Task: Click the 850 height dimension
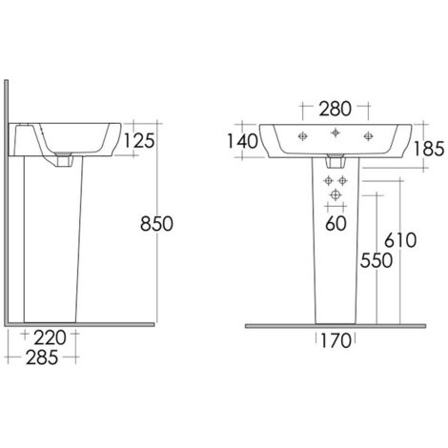pyautogui.click(x=156, y=223)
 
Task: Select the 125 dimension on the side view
pyautogui.click(x=139, y=141)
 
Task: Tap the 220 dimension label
pyautogui.click(x=50, y=337)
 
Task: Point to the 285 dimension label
pyautogui.click(x=42, y=357)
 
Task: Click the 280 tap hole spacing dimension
pyautogui.click(x=336, y=109)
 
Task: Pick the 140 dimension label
pyautogui.click(x=242, y=141)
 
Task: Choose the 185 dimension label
pyautogui.click(x=429, y=149)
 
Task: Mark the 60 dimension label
pyautogui.click(x=336, y=223)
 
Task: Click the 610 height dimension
pyautogui.click(x=400, y=240)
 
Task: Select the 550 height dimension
pyautogui.click(x=377, y=260)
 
